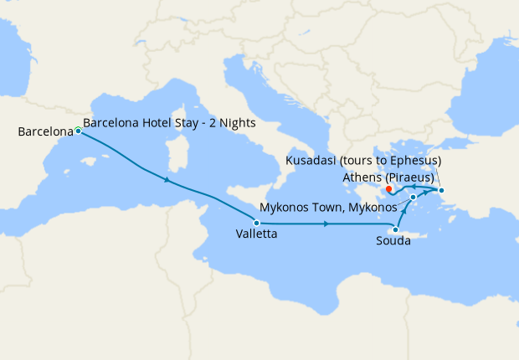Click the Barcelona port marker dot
pos(78,131)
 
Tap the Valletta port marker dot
pos(256,223)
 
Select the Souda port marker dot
pos(395,229)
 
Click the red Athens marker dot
pos(390,189)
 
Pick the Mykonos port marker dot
pos(413,198)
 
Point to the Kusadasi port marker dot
pos(442,190)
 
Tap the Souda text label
pos(393,241)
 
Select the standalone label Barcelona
pos(44,131)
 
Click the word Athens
pos(362,177)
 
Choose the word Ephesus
pos(410,160)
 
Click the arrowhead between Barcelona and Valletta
pos(169,181)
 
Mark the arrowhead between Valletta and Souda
pos(326,224)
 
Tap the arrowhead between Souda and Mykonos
pos(403,212)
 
